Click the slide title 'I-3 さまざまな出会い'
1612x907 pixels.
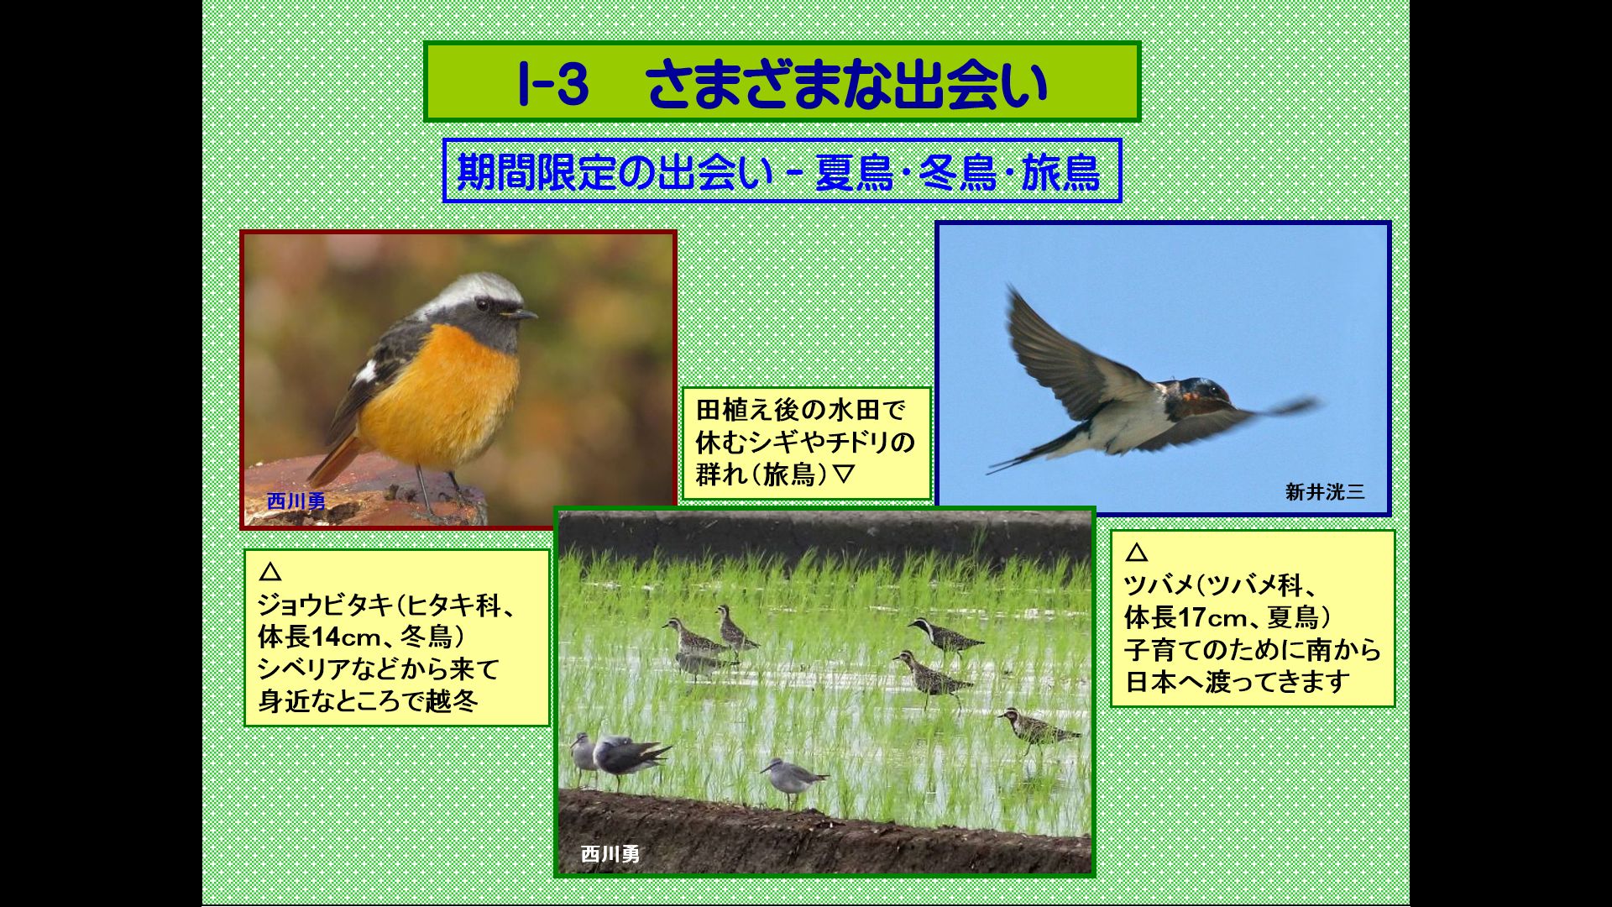783,84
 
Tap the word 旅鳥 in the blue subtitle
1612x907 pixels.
1060,172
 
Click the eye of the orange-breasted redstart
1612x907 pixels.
483,303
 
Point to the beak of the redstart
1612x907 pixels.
521,314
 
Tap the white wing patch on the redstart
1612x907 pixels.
365,371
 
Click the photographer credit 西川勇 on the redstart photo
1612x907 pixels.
296,501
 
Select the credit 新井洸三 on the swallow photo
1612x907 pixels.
1325,492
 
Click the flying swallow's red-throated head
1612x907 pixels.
1202,396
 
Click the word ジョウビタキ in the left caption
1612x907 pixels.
325,605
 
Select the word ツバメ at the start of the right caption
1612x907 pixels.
1159,585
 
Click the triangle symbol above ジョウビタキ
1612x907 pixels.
270,572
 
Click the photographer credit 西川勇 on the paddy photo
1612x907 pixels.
610,854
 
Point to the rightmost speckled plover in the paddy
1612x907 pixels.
1037,729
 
